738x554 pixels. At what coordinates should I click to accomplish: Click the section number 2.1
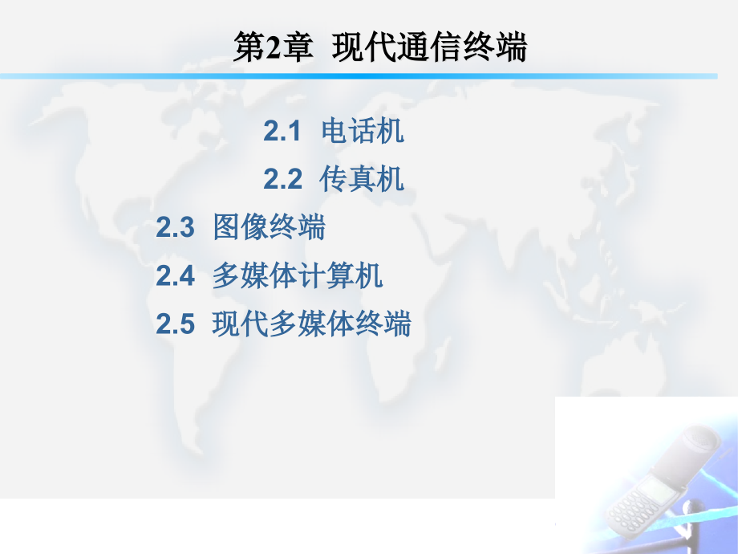(x=282, y=131)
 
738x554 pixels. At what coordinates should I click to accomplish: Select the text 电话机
(x=363, y=131)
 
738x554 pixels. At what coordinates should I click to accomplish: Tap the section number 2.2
(x=282, y=180)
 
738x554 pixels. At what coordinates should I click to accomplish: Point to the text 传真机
(x=362, y=179)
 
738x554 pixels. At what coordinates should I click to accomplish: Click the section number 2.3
(x=175, y=227)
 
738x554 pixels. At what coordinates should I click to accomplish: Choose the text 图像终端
(x=270, y=227)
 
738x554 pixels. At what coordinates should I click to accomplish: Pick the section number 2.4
(x=175, y=276)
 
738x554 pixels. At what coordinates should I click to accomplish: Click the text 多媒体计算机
(x=298, y=275)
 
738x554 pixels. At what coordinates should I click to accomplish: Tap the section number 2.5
(x=175, y=324)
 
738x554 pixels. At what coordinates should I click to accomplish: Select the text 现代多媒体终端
(x=311, y=324)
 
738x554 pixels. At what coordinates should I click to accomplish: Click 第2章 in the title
(x=274, y=47)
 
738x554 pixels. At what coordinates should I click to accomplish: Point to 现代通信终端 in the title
(x=429, y=47)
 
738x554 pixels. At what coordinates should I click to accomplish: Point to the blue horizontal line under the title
(x=359, y=76)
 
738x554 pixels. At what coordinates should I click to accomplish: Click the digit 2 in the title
(x=274, y=48)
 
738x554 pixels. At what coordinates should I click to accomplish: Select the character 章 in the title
(x=298, y=47)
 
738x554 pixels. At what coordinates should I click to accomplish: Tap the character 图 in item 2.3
(x=227, y=227)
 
